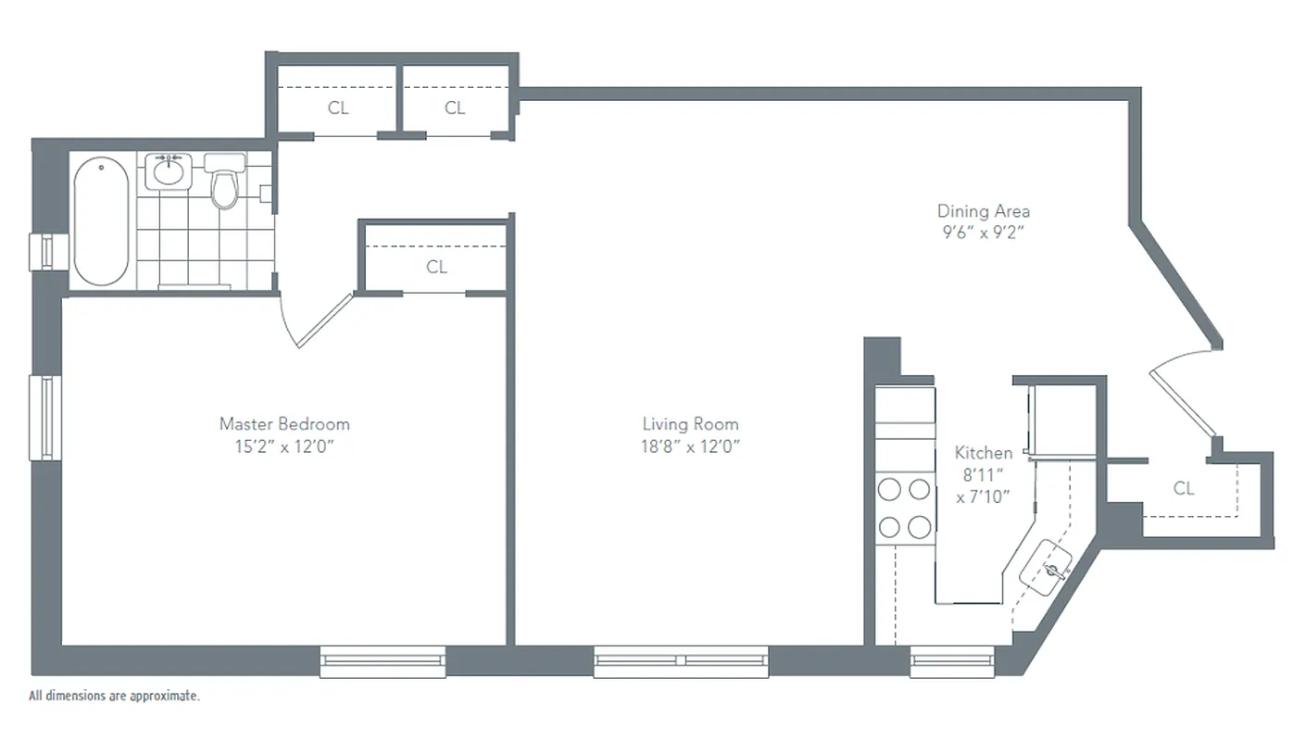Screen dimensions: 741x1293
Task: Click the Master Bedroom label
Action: point(284,424)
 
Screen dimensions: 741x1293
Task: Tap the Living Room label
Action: point(690,424)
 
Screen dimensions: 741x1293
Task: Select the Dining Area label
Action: point(983,211)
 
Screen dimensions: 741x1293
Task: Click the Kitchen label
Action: point(983,453)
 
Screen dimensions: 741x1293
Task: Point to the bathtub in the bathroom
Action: point(101,221)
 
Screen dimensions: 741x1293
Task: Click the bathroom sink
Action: point(168,170)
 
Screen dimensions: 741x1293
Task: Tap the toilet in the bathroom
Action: point(224,183)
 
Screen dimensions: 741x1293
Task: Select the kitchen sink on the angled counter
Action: point(1048,567)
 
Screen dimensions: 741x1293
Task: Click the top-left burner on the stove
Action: point(890,488)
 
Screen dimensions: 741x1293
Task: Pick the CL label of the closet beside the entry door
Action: point(1184,488)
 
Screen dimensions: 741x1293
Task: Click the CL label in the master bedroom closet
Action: point(436,267)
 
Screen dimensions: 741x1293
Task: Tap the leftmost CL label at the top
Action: point(338,107)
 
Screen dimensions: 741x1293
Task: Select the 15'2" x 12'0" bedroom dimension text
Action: point(284,446)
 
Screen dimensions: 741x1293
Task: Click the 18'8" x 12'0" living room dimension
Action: point(690,446)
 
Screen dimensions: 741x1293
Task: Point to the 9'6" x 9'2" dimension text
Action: point(983,232)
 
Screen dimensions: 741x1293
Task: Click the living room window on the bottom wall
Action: point(681,660)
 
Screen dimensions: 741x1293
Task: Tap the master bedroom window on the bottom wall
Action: point(383,660)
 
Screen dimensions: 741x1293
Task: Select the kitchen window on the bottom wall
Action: point(938,660)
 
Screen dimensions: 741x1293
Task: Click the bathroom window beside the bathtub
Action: point(43,252)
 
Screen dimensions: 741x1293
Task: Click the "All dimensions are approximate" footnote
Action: point(114,696)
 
